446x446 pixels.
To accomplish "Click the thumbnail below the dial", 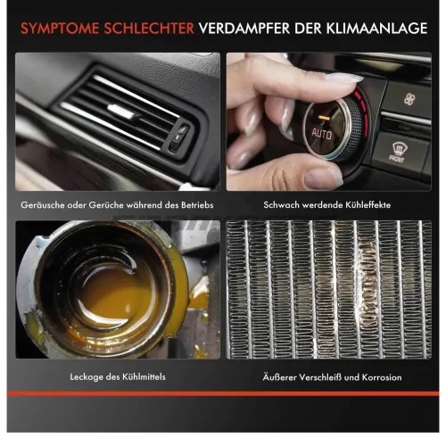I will [322, 175].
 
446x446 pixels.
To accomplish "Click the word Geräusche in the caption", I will [45, 206].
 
